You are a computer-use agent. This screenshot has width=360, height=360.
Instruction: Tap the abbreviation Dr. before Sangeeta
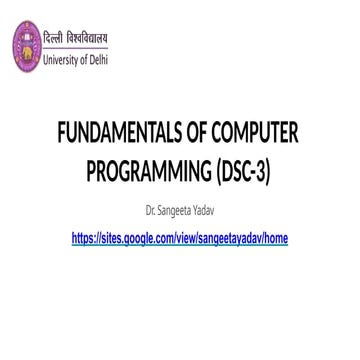click(x=150, y=212)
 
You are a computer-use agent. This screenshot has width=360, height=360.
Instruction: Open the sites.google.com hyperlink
click(x=180, y=240)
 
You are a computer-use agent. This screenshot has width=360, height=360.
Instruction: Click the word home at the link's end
click(x=274, y=240)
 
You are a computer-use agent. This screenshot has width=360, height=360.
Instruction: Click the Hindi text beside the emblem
click(x=75, y=39)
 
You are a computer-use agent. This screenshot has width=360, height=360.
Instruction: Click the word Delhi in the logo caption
click(x=97, y=59)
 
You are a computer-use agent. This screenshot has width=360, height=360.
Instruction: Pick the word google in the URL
click(x=139, y=240)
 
